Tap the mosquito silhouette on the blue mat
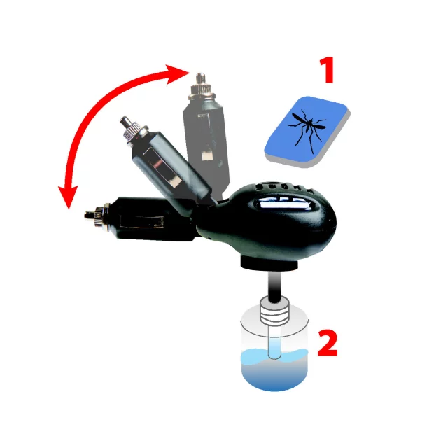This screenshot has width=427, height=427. pyautogui.click(x=305, y=126)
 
